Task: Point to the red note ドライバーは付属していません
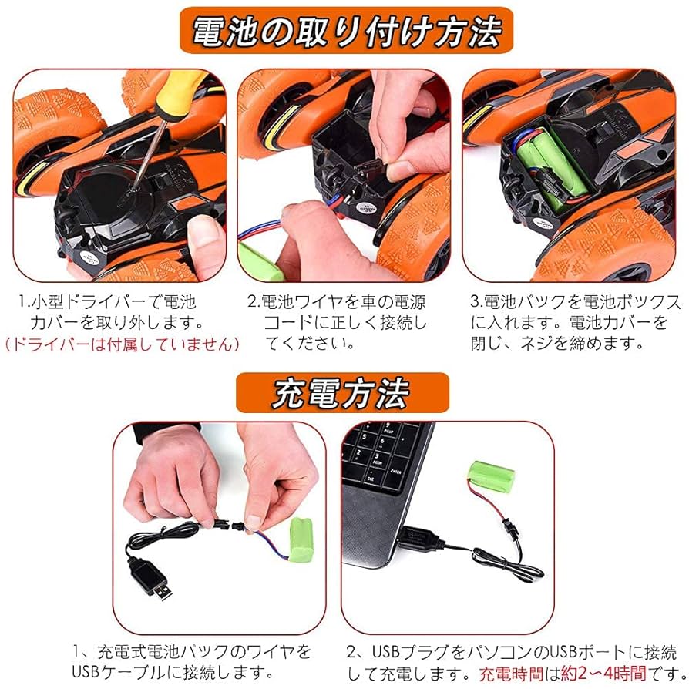point(121,344)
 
